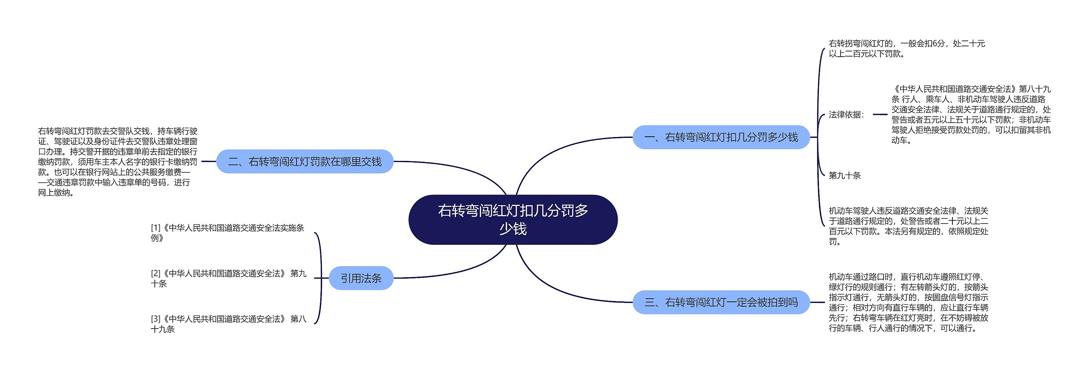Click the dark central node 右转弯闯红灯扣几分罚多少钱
[513, 220]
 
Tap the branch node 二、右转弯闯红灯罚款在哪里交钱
[305, 161]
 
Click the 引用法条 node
[361, 278]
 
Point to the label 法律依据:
[846, 114]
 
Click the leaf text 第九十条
[844, 175]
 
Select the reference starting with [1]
[228, 233]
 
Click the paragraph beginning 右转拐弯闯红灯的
[907, 49]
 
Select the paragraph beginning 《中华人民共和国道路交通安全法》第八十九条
[971, 114]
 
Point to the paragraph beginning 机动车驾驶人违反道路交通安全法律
[908, 226]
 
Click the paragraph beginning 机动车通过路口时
[908, 302]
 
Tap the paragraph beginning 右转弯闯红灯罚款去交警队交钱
[118, 162]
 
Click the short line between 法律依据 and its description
[879, 114]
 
